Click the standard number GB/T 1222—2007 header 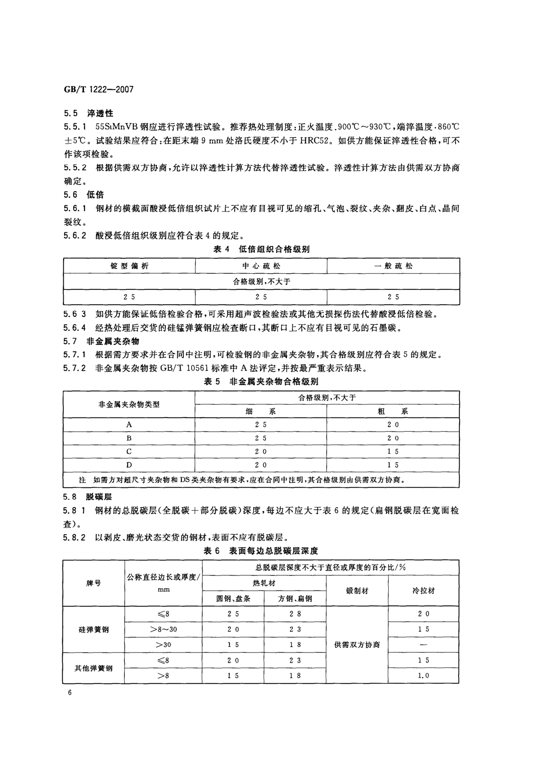[99, 89]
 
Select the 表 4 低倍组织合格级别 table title [261, 249]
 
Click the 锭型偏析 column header [129, 266]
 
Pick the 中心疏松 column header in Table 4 [261, 266]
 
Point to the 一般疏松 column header [393, 266]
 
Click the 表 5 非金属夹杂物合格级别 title [261, 381]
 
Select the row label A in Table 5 [129, 425]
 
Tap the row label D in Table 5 [129, 465]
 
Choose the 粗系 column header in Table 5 [393, 411]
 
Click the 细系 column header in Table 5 [261, 411]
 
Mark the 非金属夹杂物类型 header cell [129, 404]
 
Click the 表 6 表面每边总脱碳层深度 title [261, 551]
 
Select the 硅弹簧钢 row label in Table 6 [94, 630]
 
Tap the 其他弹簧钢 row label [94, 668]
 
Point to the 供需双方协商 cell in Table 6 [357, 645]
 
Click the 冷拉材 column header [424, 591]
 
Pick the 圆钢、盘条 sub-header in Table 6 [234, 599]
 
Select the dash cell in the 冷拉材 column [424, 645]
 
